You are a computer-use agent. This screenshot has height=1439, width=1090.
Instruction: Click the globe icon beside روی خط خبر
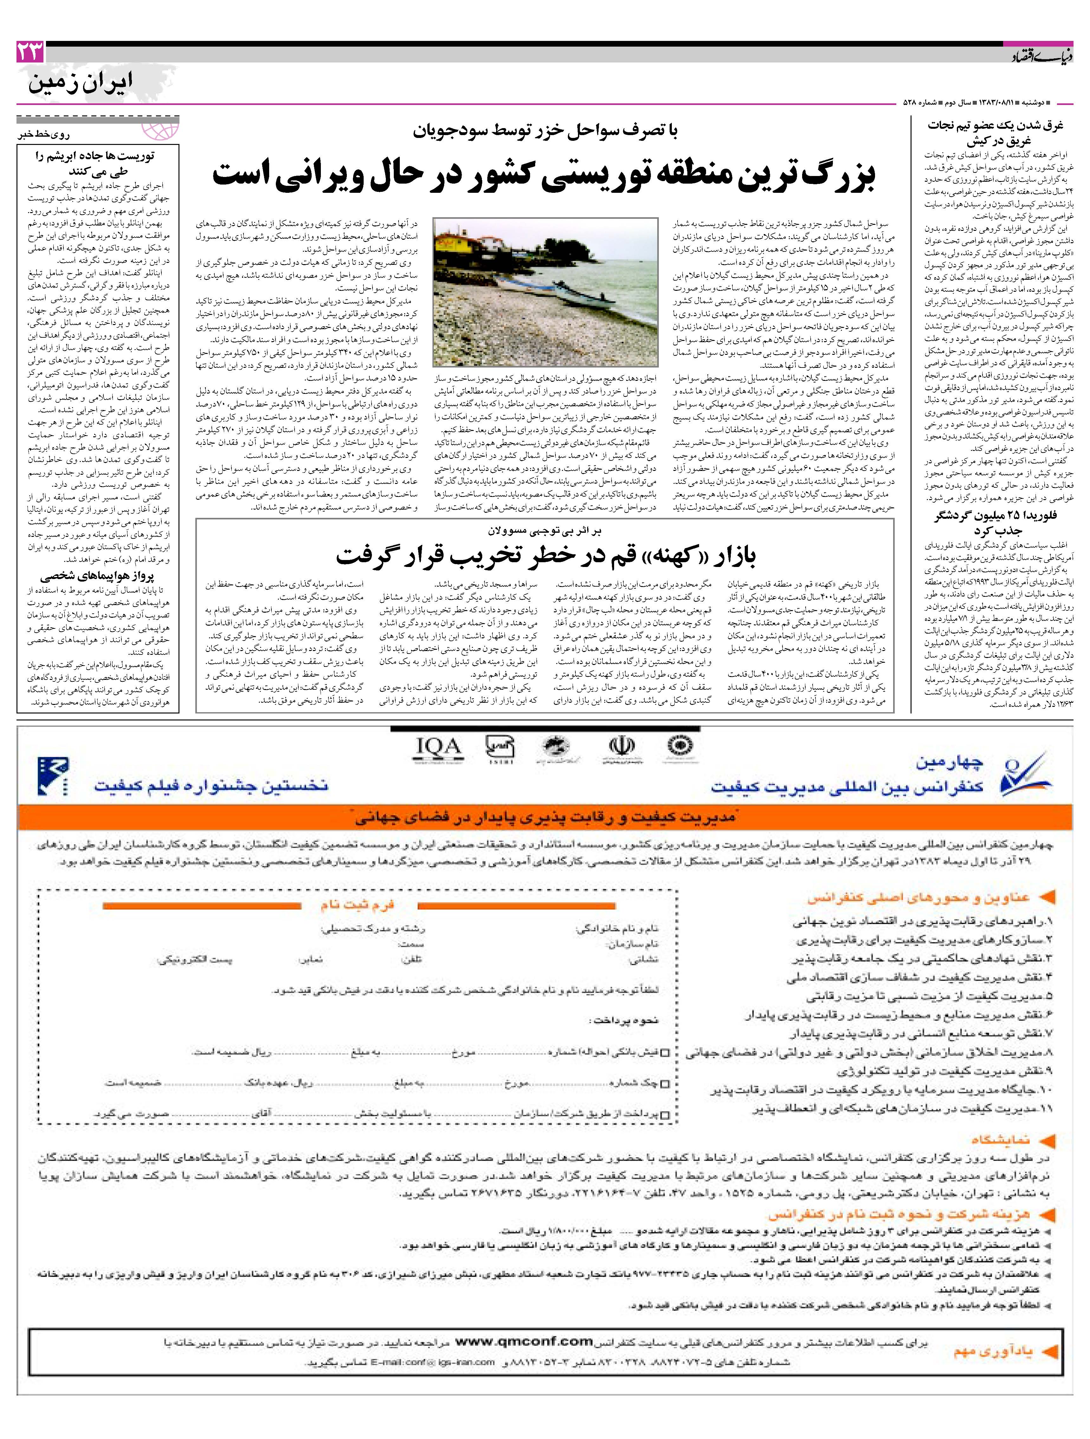pyautogui.click(x=161, y=130)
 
